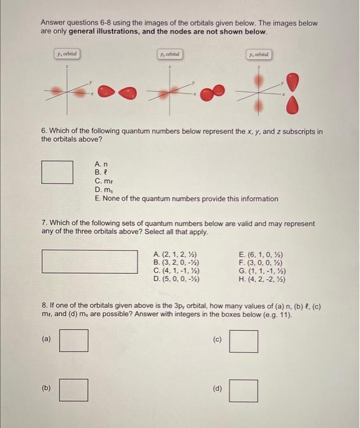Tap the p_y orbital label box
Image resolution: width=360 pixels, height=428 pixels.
pyautogui.click(x=169, y=54)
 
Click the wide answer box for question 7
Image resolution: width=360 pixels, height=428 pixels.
pyautogui.click(x=90, y=262)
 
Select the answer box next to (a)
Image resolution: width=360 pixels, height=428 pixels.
pyautogui.click(x=73, y=341)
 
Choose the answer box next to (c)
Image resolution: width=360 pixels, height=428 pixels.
pyautogui.click(x=243, y=341)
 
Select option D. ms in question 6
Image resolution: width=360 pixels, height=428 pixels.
pyautogui.click(x=102, y=190)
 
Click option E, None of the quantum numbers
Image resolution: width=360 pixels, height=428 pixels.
pyautogui.click(x=186, y=199)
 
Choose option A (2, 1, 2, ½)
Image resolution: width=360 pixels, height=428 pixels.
pyautogui.click(x=175, y=254)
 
